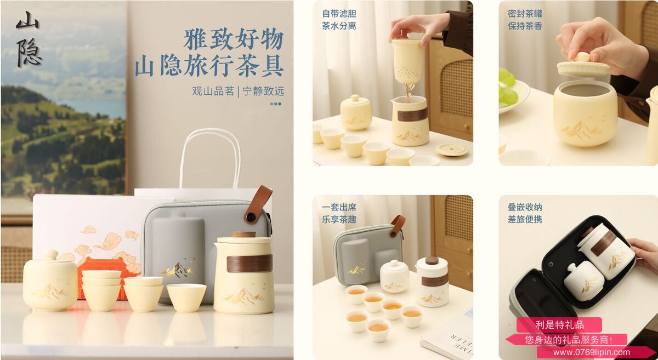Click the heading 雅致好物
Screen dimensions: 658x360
(x=233, y=39)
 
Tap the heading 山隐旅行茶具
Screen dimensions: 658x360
(x=209, y=66)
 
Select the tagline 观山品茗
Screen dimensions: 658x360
(x=213, y=92)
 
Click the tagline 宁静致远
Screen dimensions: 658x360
(x=264, y=92)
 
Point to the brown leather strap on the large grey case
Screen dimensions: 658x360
(x=258, y=204)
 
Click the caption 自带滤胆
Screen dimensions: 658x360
(x=339, y=14)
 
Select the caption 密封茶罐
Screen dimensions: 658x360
(x=525, y=14)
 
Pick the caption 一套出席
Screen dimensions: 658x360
(x=339, y=207)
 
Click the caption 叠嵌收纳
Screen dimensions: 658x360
(x=525, y=207)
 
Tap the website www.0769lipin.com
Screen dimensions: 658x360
(x=592, y=352)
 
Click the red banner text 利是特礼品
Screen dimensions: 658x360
(x=559, y=325)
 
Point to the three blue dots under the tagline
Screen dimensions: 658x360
(x=276, y=104)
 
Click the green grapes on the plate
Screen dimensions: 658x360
(x=508, y=87)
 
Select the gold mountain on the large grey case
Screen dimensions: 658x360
(x=178, y=268)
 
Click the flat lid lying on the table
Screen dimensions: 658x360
(x=451, y=150)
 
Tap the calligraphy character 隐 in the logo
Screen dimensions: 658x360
(x=29, y=53)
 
